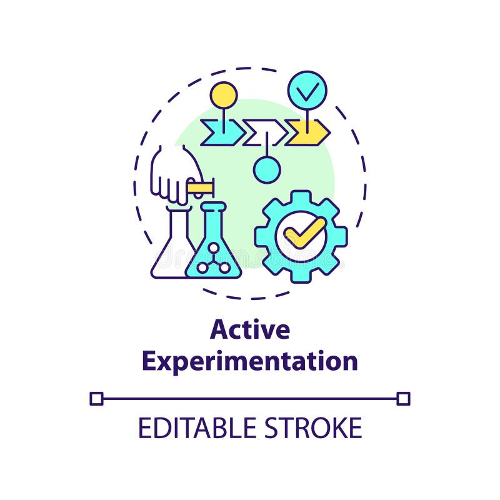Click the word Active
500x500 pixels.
click(250, 329)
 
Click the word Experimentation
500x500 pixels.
click(250, 361)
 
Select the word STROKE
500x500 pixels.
click(317, 429)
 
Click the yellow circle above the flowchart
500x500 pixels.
click(223, 95)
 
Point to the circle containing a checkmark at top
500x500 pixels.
click(307, 91)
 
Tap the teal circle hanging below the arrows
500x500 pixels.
click(267, 169)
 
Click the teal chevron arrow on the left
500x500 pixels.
click(222, 132)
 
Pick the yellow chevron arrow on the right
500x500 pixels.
click(307, 132)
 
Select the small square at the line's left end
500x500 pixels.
click(96, 398)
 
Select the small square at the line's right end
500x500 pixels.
click(404, 398)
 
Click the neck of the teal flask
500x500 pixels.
click(213, 219)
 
